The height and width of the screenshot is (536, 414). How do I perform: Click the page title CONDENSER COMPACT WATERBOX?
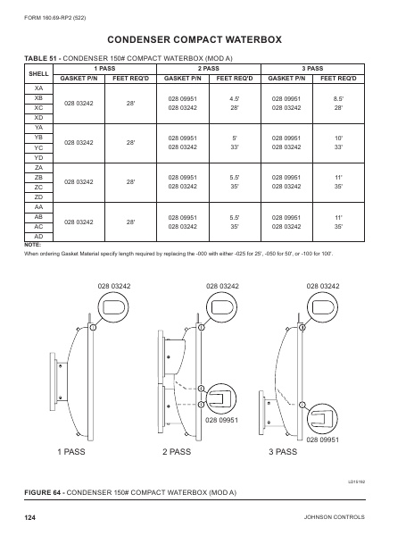(207, 40)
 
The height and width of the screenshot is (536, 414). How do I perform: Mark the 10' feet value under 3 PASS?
(339, 138)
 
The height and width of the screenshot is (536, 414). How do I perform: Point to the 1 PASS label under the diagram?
(70, 453)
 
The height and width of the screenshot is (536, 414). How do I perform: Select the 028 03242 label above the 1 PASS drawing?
(114, 285)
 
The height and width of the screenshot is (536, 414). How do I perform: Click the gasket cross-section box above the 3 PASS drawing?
(322, 308)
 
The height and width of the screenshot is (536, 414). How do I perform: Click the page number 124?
(30, 517)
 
